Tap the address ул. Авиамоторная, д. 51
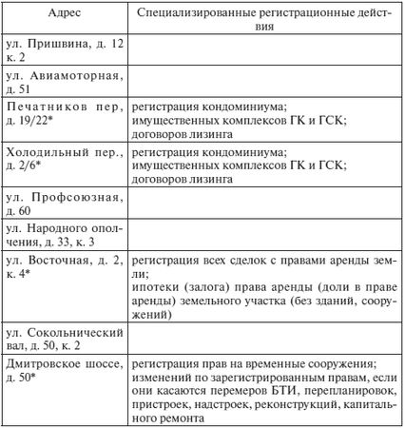click(x=63, y=81)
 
